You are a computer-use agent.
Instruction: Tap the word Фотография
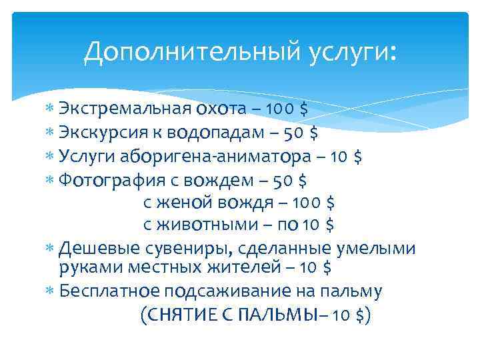coord(107,180)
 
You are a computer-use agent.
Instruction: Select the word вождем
coord(243,180)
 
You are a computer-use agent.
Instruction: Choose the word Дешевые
coord(97,249)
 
